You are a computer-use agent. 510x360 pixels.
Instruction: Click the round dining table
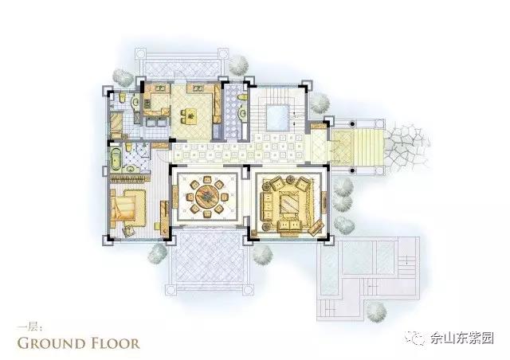(207, 196)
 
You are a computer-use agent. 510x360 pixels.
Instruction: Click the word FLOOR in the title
(115, 344)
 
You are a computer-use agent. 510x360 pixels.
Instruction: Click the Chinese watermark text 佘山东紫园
(462, 338)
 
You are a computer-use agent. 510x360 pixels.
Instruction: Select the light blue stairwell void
(277, 117)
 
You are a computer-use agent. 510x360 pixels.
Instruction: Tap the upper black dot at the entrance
(352, 124)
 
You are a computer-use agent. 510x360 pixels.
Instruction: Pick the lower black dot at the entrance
(352, 170)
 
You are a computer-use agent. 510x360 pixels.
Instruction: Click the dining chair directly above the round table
(207, 179)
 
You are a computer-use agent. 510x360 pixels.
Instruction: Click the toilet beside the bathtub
(128, 147)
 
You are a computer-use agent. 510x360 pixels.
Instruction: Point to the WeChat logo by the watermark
(415, 338)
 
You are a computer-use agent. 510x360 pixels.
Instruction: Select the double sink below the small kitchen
(156, 122)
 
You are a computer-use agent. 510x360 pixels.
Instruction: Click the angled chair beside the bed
(128, 229)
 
